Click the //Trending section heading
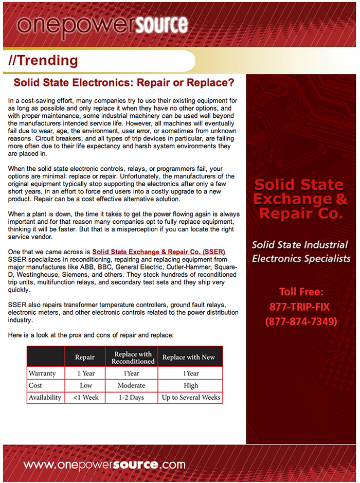pos(43,61)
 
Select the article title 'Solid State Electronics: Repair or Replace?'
pos(124,83)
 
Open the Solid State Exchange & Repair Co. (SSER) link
pos(159,252)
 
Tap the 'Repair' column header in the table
pos(85,357)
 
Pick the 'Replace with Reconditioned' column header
pos(132,357)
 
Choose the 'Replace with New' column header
pos(189,357)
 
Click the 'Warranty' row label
pos(42,373)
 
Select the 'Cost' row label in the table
pos(35,385)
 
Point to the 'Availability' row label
pos(45,397)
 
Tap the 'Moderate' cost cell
pos(131,385)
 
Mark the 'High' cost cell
pos(190,385)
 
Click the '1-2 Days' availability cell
pos(131,397)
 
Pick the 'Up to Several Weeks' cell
pos(191,397)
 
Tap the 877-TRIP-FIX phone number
pos(300,307)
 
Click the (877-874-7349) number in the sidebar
pos(301,321)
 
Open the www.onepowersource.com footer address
pos(104,464)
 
